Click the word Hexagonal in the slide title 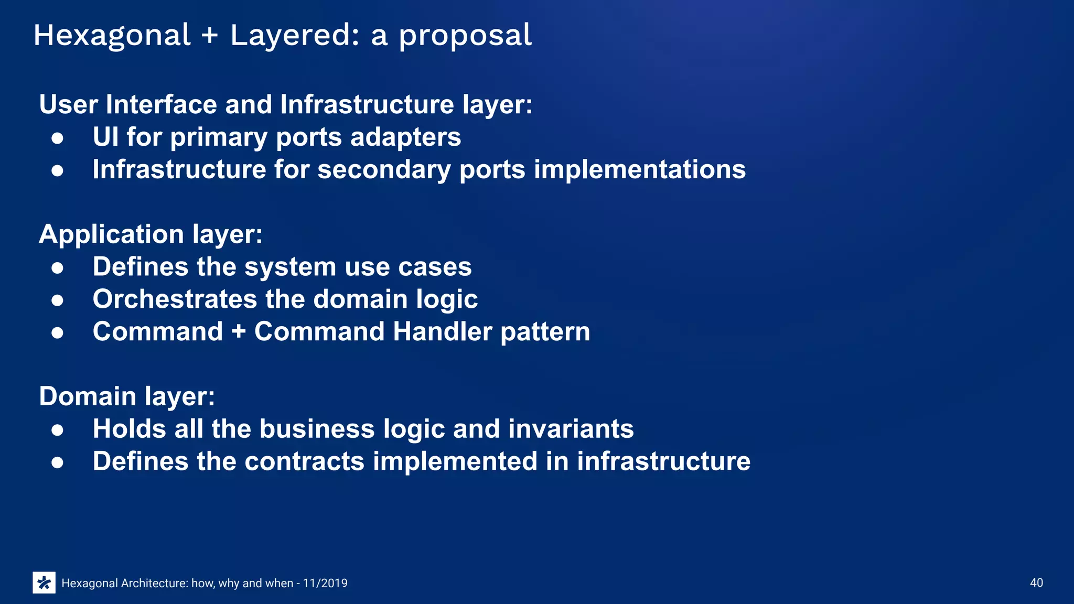click(x=112, y=36)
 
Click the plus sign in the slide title click(x=209, y=36)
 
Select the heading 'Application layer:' click(x=151, y=234)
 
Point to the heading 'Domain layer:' click(x=127, y=396)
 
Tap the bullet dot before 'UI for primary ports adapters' click(x=58, y=138)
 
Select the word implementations click(x=639, y=169)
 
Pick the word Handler click(x=443, y=332)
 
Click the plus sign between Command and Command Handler click(x=239, y=332)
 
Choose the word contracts click(x=304, y=461)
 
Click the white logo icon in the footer click(x=44, y=583)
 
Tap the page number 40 click(x=1036, y=583)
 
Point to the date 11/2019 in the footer click(x=325, y=583)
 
